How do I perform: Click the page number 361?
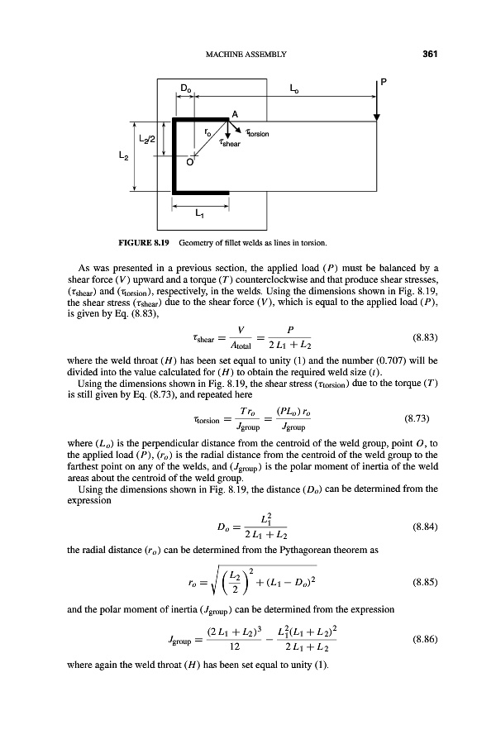(x=428, y=55)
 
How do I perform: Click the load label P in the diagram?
(x=384, y=81)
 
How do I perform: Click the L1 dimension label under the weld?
(x=200, y=212)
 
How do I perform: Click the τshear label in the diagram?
(x=234, y=142)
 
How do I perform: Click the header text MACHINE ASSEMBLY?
(x=245, y=55)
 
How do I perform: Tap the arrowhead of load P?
(x=376, y=116)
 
